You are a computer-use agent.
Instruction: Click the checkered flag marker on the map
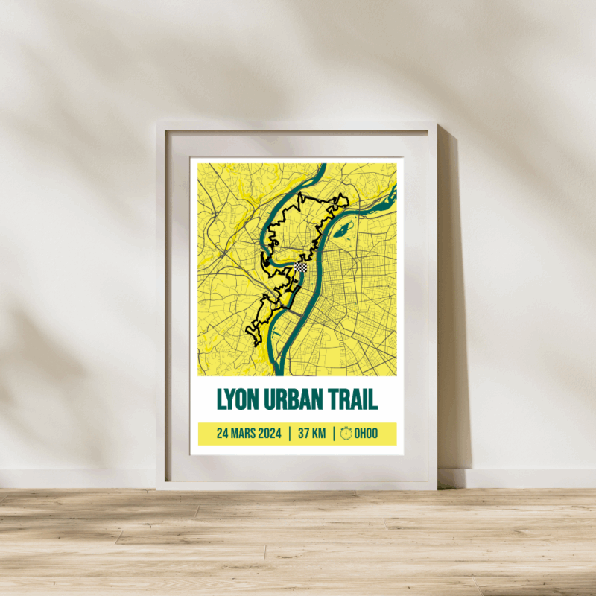(300, 266)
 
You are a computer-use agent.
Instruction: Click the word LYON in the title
(238, 399)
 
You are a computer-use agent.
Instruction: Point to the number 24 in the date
(222, 434)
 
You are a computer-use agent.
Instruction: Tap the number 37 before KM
(303, 434)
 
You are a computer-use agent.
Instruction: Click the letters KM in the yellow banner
(319, 434)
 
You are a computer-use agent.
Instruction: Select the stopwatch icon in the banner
(346, 434)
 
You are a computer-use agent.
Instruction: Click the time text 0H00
(366, 434)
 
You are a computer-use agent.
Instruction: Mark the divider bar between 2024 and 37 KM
(289, 434)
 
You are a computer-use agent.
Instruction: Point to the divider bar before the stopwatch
(333, 434)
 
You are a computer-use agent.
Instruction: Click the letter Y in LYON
(232, 399)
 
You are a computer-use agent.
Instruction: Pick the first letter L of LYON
(221, 399)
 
